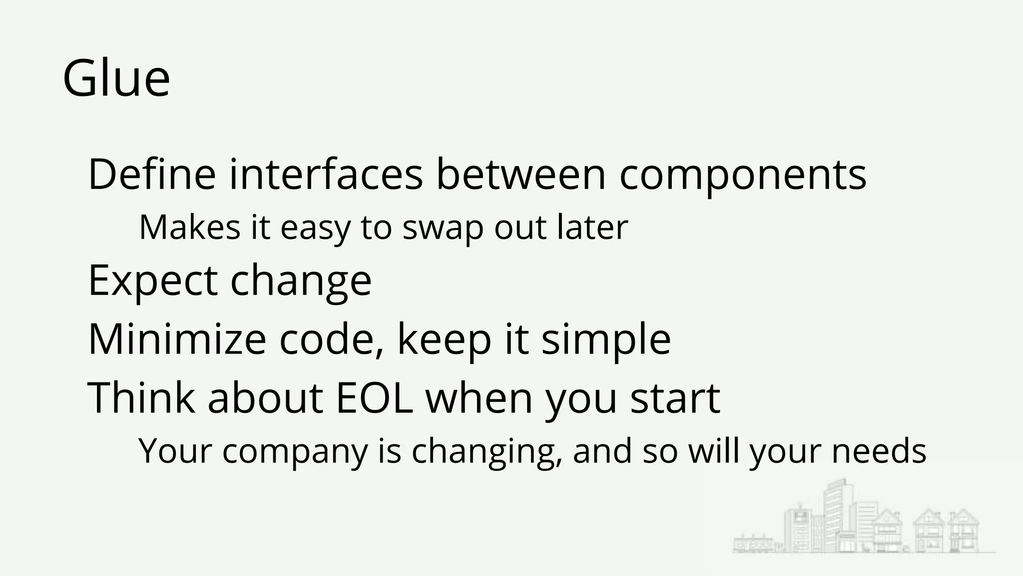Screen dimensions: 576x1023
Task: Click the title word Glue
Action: pyautogui.click(x=116, y=78)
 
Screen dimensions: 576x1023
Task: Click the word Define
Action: pyautogui.click(x=152, y=174)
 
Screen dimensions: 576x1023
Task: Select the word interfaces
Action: pyautogui.click(x=326, y=174)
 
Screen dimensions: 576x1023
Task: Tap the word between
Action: pyautogui.click(x=521, y=174)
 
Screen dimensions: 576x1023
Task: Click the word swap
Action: pyautogui.click(x=443, y=228)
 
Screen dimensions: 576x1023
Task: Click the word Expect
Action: pyautogui.click(x=153, y=281)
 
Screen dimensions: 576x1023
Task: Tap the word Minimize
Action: pyautogui.click(x=177, y=339)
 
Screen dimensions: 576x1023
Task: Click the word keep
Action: pyautogui.click(x=445, y=340)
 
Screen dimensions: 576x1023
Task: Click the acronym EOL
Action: pyautogui.click(x=375, y=398)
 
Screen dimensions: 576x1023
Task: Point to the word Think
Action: pyautogui.click(x=141, y=398)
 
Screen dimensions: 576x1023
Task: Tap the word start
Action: pyautogui.click(x=675, y=399)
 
